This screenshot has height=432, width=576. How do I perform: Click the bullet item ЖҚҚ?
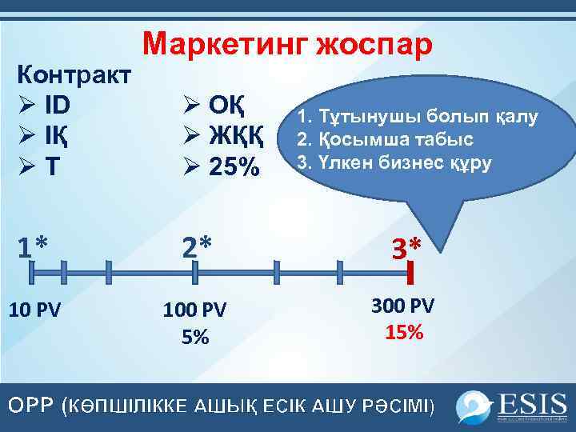(x=236, y=137)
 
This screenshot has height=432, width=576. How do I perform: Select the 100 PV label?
(x=195, y=310)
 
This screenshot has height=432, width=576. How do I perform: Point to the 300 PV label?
(x=404, y=306)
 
